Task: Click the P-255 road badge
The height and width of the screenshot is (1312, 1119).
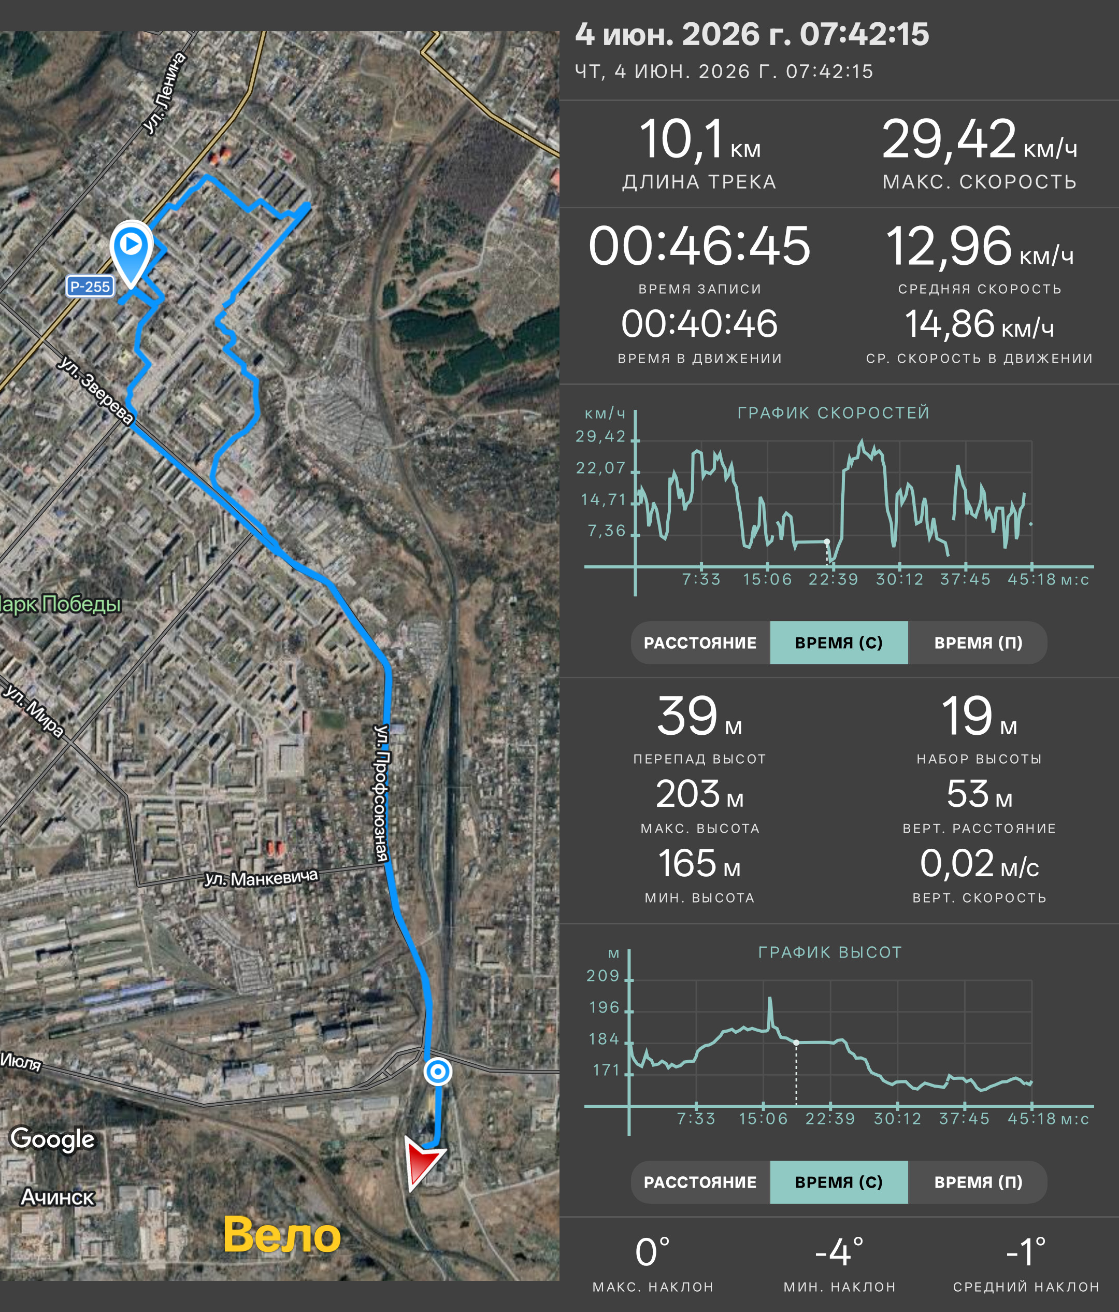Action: (x=90, y=286)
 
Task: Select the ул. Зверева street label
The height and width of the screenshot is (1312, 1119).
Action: (x=95, y=390)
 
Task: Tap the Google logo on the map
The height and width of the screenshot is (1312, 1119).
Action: (x=52, y=1139)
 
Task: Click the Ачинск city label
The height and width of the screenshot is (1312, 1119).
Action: (x=58, y=1197)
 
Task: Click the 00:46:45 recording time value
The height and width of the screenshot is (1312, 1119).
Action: (x=699, y=246)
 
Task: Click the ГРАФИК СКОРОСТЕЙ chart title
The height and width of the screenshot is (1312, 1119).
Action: (x=834, y=413)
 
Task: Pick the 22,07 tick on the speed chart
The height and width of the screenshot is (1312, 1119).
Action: (x=600, y=468)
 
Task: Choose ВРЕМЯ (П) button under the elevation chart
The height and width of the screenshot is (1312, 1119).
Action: (x=978, y=1182)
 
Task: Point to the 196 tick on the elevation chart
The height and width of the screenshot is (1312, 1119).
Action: (x=604, y=1007)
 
